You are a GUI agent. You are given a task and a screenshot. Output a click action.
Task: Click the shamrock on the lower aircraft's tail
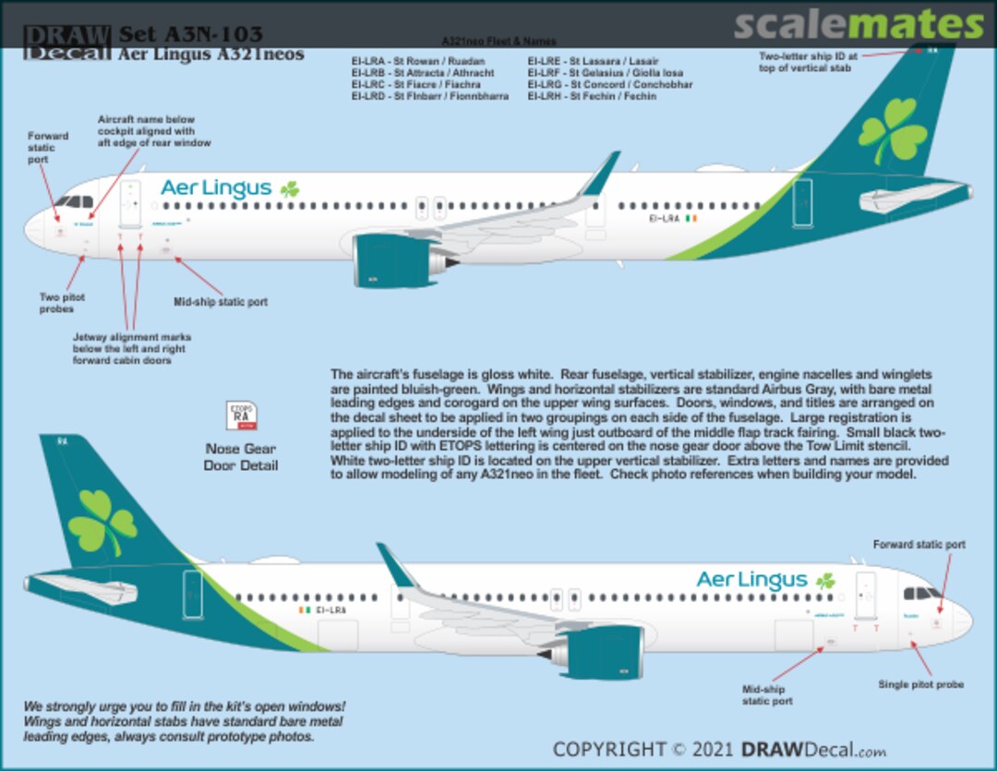click(x=102, y=523)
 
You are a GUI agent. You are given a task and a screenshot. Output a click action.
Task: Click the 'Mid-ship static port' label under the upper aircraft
click(x=221, y=302)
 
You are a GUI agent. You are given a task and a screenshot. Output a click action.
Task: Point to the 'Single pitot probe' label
click(x=920, y=684)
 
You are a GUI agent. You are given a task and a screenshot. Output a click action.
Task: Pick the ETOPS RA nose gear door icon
click(x=241, y=416)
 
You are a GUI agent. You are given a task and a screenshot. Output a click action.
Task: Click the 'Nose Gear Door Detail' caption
click(x=241, y=457)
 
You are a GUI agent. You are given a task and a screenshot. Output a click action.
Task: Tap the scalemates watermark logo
click(x=859, y=25)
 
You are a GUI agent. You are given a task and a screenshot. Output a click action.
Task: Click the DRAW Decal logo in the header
click(x=66, y=42)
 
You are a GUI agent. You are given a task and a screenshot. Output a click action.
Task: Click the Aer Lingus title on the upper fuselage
click(x=216, y=188)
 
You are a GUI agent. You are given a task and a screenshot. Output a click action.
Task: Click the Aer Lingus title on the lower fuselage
click(x=751, y=580)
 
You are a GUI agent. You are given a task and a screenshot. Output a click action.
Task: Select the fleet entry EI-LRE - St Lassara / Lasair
click(x=594, y=61)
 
